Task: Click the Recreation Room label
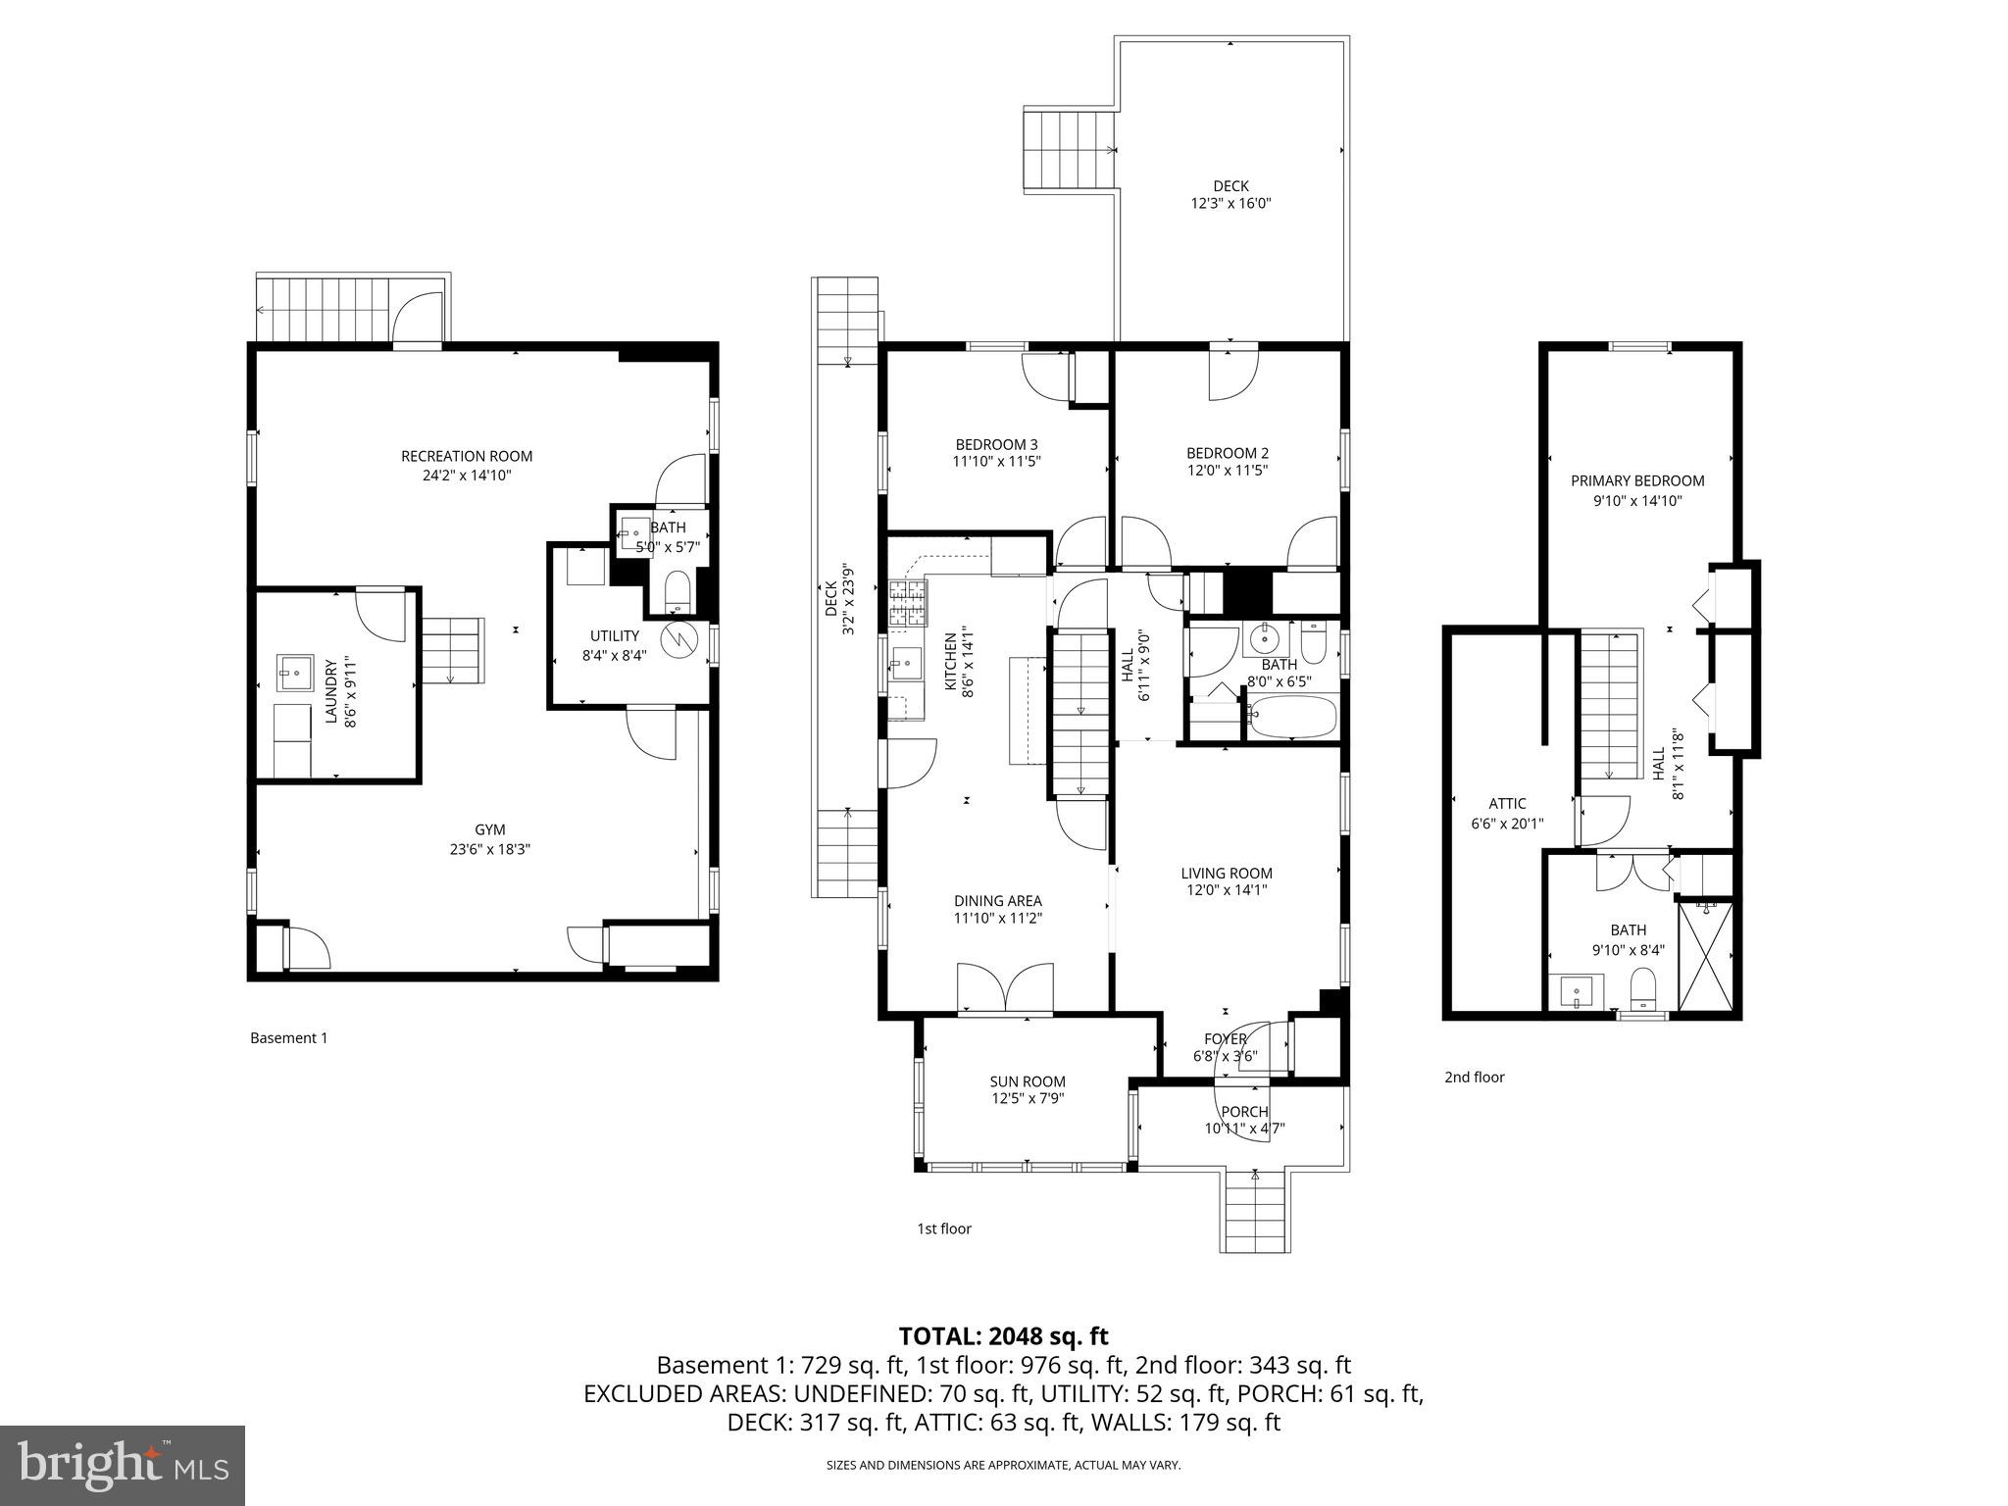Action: tap(466, 456)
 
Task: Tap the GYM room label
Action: tap(489, 829)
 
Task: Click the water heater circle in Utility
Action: tap(678, 639)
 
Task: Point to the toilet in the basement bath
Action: tap(678, 591)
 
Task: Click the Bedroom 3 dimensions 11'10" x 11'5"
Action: tap(996, 461)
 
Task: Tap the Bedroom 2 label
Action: tap(1227, 453)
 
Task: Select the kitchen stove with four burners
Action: tap(907, 603)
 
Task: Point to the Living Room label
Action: tap(1226, 873)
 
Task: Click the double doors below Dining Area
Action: tap(1005, 986)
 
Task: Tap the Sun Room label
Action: tap(1027, 1081)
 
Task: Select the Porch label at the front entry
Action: tap(1243, 1111)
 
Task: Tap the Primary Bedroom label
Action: tap(1636, 480)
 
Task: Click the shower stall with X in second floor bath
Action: tap(1704, 957)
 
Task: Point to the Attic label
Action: tap(1506, 804)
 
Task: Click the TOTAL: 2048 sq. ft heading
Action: tap(1003, 1335)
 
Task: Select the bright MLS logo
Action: tap(123, 1466)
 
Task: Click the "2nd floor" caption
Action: tap(1474, 1077)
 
